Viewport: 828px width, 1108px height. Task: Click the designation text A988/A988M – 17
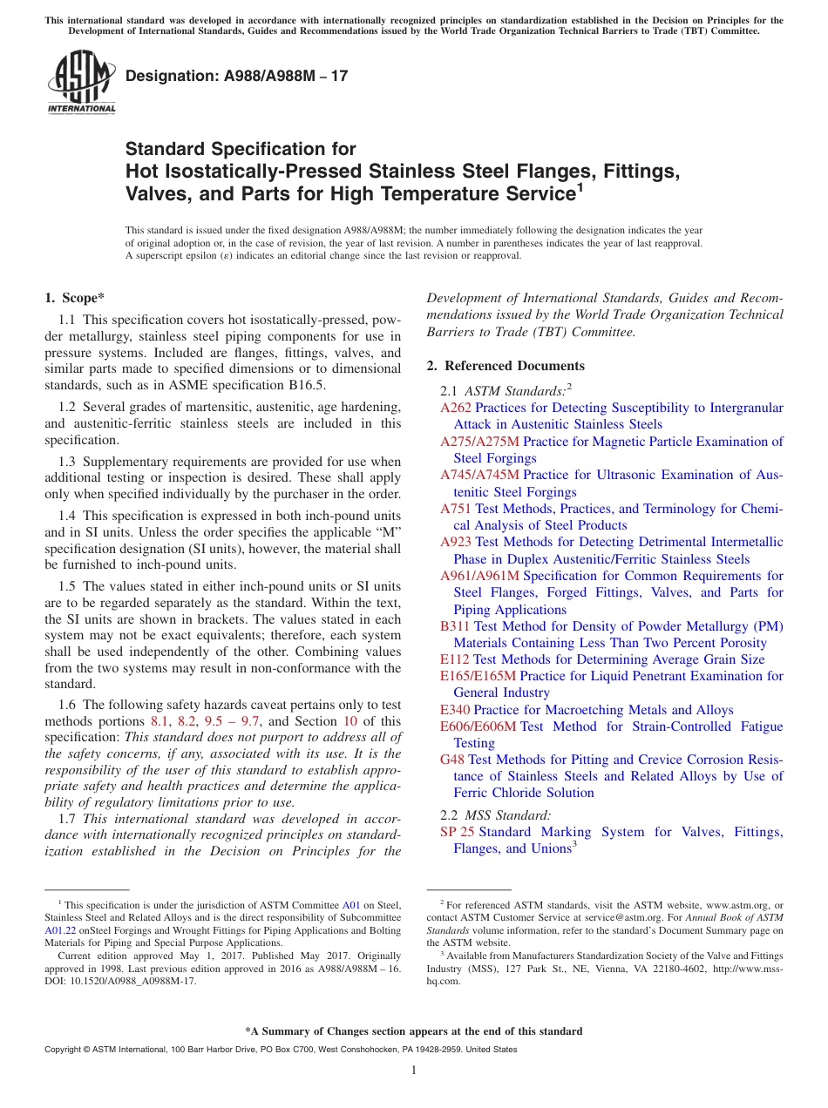[237, 76]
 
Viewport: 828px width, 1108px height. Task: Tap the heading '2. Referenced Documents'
[506, 366]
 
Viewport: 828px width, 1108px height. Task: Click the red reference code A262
[456, 408]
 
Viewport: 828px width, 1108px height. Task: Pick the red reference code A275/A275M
[479, 442]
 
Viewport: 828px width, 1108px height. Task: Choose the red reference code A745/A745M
[479, 475]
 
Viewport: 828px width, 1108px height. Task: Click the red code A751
[456, 509]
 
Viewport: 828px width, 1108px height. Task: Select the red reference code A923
[456, 542]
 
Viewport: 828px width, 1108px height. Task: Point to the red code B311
[455, 626]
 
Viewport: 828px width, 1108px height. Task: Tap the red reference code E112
[455, 659]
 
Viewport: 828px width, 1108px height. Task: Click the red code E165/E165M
[478, 676]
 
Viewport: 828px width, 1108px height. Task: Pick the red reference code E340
[455, 710]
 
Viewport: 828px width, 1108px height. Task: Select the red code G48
[452, 760]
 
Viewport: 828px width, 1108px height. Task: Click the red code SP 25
[458, 832]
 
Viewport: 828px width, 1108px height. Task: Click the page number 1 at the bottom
[414, 1071]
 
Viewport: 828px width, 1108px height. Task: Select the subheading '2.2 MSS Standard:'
[496, 815]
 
